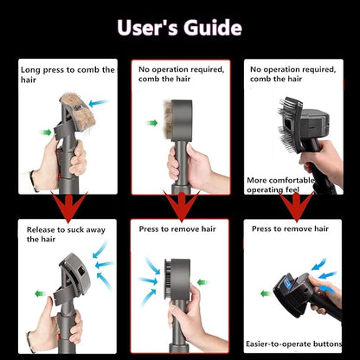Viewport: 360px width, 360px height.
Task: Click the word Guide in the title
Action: point(213,28)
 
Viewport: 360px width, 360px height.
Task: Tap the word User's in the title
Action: point(147,28)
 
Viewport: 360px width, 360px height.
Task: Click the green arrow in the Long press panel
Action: point(46,132)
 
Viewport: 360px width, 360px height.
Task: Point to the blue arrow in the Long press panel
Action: point(99,103)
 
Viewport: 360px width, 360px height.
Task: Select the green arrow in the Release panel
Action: point(41,293)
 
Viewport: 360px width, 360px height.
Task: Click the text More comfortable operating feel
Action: point(280,185)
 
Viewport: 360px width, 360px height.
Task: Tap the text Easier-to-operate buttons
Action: point(293,344)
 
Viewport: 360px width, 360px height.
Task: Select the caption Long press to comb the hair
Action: point(67,74)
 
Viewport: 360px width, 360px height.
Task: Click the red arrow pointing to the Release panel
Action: point(68,207)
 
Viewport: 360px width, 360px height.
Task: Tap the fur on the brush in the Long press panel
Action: point(78,111)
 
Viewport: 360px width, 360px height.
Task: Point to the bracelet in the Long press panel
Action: point(34,181)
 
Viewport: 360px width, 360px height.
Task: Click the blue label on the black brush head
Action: point(288,282)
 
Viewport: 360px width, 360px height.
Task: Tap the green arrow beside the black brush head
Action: point(266,294)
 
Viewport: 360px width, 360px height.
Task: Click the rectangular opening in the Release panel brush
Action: point(81,272)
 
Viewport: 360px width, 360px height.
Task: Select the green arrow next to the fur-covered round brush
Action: point(151,123)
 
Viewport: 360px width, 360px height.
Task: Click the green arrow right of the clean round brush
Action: point(202,282)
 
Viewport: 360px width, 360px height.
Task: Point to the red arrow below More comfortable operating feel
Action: point(296,207)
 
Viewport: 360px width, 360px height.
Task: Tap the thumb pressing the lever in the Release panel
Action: point(48,308)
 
